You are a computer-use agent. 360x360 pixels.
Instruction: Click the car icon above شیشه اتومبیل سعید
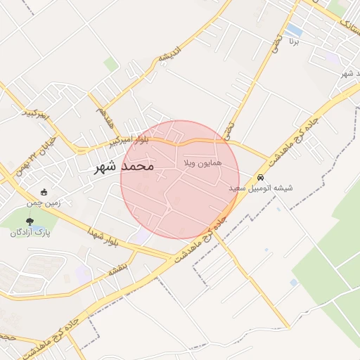click(261, 178)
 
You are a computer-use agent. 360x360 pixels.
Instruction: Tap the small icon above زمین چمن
click(44, 192)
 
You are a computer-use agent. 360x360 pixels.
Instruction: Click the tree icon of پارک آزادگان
click(30, 221)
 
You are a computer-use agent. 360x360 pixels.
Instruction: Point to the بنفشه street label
click(116, 269)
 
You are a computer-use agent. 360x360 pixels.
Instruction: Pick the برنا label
click(294, 42)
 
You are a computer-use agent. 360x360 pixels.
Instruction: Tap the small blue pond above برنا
click(294, 31)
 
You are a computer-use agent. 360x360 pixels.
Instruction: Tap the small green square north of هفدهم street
click(111, 65)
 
